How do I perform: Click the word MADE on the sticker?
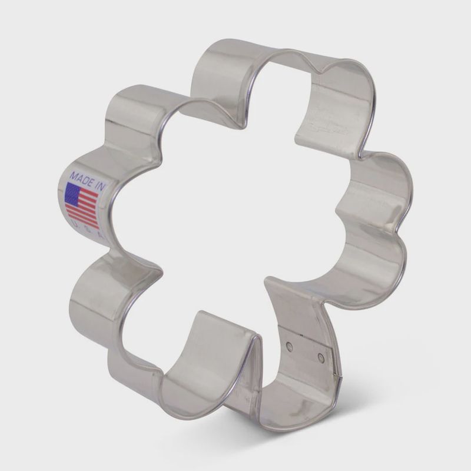coord(80,176)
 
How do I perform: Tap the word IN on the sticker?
coord(100,185)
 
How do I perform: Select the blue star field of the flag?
coord(73,193)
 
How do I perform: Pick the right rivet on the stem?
coord(320,357)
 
